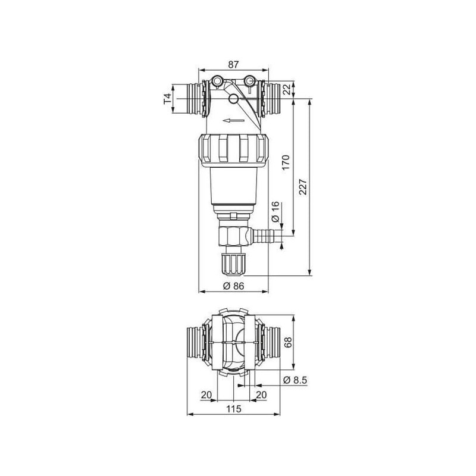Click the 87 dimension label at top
click(233, 65)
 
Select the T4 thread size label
click(168, 99)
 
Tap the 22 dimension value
click(286, 89)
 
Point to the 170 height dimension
click(286, 162)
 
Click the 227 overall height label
click(303, 187)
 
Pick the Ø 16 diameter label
click(275, 212)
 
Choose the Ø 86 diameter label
click(233, 286)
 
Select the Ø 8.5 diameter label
click(295, 380)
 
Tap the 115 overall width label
click(234, 409)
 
